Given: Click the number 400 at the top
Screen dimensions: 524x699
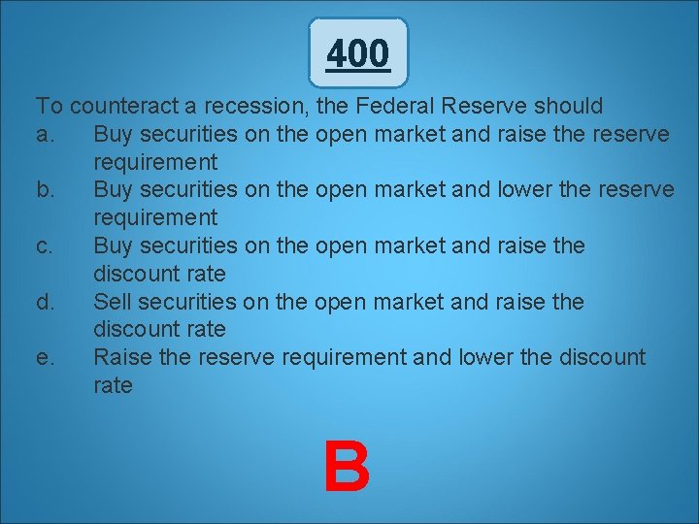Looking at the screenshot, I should click(358, 53).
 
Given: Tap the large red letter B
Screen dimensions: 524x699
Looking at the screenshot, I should click(347, 467).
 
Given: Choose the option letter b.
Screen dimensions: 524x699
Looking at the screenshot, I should click(45, 189).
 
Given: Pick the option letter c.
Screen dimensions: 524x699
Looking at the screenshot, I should click(45, 246).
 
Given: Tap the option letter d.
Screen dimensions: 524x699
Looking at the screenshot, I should click(45, 302).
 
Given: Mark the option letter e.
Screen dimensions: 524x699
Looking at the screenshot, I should click(45, 358).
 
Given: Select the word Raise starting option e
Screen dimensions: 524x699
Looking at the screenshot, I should click(122, 358).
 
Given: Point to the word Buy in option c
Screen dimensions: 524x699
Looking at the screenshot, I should click(115, 246).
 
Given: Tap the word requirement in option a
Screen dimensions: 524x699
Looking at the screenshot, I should click(155, 161).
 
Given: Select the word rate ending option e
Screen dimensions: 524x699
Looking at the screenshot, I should click(113, 385).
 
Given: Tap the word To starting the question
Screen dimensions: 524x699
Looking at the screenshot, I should click(50, 106).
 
